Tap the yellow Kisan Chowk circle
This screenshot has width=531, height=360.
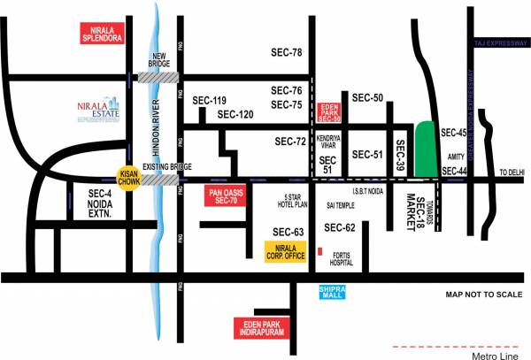click(x=131, y=178)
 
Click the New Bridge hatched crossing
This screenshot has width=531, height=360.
click(x=158, y=78)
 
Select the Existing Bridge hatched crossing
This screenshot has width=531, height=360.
click(x=159, y=180)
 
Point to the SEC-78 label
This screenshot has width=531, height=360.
click(x=287, y=53)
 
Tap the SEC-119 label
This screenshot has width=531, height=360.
click(x=209, y=101)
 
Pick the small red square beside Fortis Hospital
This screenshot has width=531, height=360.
click(x=319, y=251)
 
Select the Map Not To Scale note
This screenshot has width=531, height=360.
click(x=477, y=295)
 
